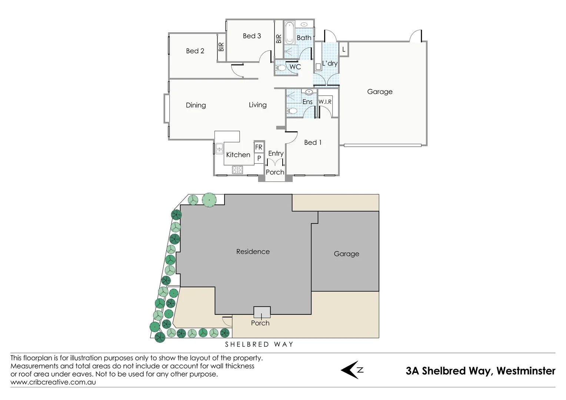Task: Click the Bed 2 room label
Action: click(195, 51)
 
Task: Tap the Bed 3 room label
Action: click(252, 36)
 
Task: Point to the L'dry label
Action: click(330, 63)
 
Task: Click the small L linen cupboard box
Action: click(344, 49)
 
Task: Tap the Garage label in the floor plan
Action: click(380, 91)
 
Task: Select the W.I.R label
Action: click(325, 102)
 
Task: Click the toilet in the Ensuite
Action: click(292, 110)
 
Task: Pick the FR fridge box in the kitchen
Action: click(259, 147)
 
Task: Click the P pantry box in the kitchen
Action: click(259, 158)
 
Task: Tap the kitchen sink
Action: click(219, 149)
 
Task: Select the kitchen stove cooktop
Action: click(237, 170)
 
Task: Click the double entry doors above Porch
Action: click(275, 163)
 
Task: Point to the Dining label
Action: click(196, 105)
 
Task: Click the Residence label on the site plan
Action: click(253, 252)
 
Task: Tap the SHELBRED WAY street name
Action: click(259, 344)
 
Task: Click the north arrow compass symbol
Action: click(352, 370)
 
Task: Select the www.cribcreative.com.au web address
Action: click(53, 382)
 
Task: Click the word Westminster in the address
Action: click(526, 371)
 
